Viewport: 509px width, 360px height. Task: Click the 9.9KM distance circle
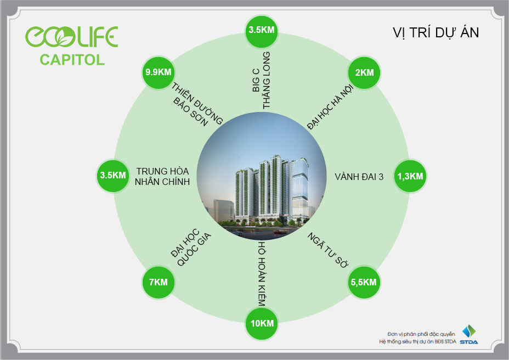click(158, 72)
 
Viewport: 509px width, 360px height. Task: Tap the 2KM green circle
click(365, 72)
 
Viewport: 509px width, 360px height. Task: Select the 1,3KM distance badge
click(410, 176)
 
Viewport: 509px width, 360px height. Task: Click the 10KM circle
click(262, 323)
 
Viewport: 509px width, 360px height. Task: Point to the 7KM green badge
click(158, 283)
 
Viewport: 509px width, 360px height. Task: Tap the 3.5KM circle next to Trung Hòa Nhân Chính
click(113, 176)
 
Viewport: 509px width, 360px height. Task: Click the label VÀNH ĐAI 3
click(359, 177)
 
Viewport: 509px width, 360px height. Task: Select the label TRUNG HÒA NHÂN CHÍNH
click(162, 176)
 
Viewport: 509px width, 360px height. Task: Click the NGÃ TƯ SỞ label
click(328, 249)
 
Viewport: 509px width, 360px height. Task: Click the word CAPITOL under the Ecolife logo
click(72, 60)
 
